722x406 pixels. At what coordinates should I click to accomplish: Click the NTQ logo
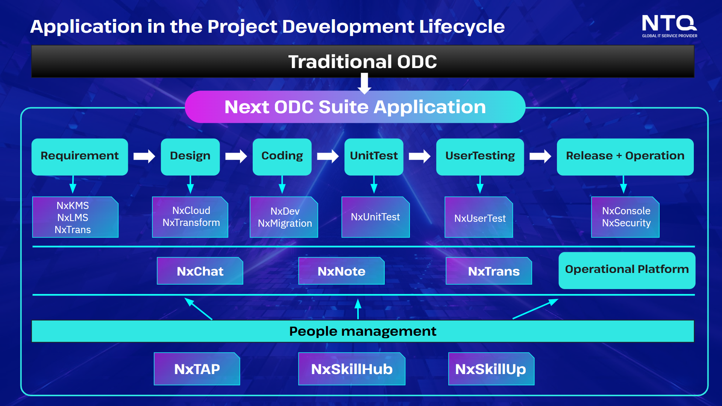[x=669, y=26]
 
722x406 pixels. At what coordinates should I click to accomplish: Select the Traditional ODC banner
[x=363, y=62]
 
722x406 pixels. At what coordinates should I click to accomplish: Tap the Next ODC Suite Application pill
[x=355, y=107]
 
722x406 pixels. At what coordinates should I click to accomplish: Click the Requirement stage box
[x=80, y=157]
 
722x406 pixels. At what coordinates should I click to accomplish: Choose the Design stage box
[x=190, y=157]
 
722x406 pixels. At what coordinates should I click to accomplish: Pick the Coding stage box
[x=282, y=157]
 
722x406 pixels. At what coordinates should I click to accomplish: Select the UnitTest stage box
[x=374, y=157]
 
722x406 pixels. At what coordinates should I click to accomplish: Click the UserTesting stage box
[x=480, y=157]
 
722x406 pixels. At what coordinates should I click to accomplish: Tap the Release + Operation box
[x=625, y=157]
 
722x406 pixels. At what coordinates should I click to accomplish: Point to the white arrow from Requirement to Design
[x=144, y=156]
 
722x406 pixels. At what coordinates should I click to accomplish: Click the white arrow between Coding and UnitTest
[x=328, y=156]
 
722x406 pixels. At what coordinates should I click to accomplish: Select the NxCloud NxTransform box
[x=190, y=217]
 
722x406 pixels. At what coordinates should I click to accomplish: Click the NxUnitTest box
[x=376, y=217]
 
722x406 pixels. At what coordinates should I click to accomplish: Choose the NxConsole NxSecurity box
[x=625, y=217]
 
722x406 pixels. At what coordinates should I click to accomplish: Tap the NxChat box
[x=200, y=271]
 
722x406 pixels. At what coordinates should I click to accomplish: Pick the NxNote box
[x=341, y=271]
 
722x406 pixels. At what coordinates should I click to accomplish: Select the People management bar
[x=363, y=331]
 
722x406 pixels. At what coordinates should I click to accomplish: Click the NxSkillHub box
[x=352, y=369]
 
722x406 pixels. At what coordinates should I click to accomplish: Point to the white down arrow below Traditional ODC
[x=364, y=83]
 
